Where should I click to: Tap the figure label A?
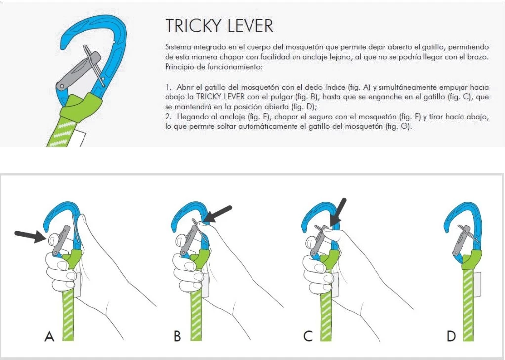[x=49, y=337]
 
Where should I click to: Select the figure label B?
[x=177, y=337]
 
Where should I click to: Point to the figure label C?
[x=308, y=337]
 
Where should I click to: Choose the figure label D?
[x=451, y=337]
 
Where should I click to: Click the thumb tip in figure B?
[x=201, y=225]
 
